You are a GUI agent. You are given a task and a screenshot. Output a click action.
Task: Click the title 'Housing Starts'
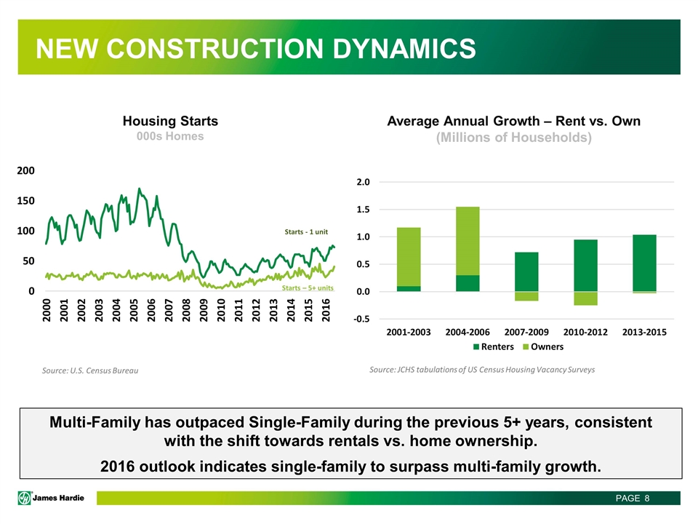[x=170, y=121]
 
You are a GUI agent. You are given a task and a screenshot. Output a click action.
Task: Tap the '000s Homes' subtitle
[x=170, y=136]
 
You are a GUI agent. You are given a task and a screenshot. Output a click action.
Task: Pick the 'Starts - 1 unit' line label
[x=306, y=231]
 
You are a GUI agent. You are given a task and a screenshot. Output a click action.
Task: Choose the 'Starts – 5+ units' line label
[x=308, y=288]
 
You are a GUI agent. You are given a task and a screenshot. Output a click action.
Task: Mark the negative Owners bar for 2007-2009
[x=526, y=296]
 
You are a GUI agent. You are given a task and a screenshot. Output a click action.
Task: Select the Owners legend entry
[x=542, y=346]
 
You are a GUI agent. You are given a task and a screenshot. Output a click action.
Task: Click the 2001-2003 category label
[x=409, y=332]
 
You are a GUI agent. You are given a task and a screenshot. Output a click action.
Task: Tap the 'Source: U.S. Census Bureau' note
[x=90, y=371]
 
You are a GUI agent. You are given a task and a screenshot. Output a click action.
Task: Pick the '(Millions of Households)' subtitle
[x=513, y=138]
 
